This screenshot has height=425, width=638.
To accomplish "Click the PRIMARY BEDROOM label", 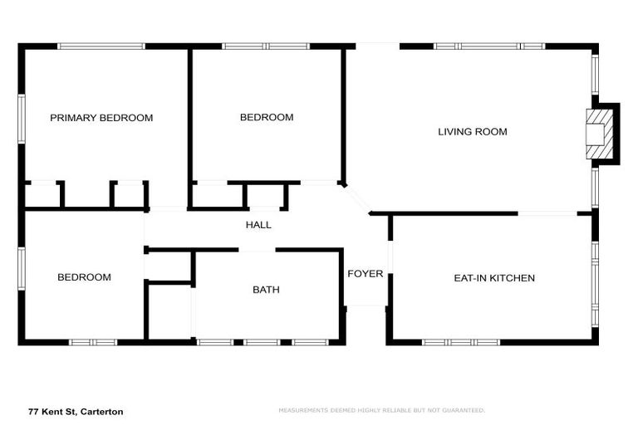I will (101, 118).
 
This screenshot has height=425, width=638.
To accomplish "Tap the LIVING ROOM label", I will (472, 131).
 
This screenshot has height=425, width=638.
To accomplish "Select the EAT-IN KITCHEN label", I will (493, 278).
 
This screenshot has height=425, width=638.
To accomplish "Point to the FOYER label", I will (365, 274).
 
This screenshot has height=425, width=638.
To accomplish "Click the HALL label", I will (258, 225).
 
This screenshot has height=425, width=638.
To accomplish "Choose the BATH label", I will (266, 290).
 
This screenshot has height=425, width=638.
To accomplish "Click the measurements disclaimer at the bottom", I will (381, 410).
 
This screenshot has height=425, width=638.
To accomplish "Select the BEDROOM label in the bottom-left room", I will (84, 277).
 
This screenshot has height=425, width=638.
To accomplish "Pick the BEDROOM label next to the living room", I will (267, 118).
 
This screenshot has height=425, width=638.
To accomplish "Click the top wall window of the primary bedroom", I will (101, 46).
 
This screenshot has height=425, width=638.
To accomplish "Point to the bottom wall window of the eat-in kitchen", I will (461, 342).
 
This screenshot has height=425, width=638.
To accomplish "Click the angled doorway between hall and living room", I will (358, 201).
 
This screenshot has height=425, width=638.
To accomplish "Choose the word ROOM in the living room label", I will (491, 131).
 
